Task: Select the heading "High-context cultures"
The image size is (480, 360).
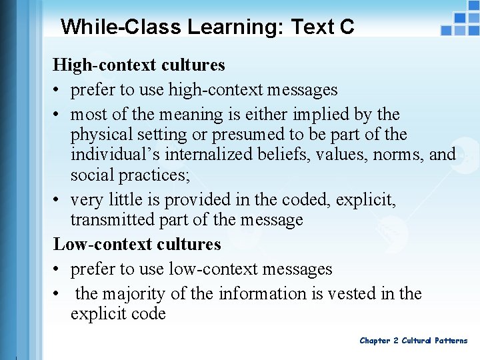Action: [139, 65]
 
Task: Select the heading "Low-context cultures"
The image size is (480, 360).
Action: [137, 245]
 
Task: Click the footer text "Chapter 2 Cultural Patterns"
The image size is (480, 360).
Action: [413, 341]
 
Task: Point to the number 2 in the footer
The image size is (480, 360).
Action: [396, 341]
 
